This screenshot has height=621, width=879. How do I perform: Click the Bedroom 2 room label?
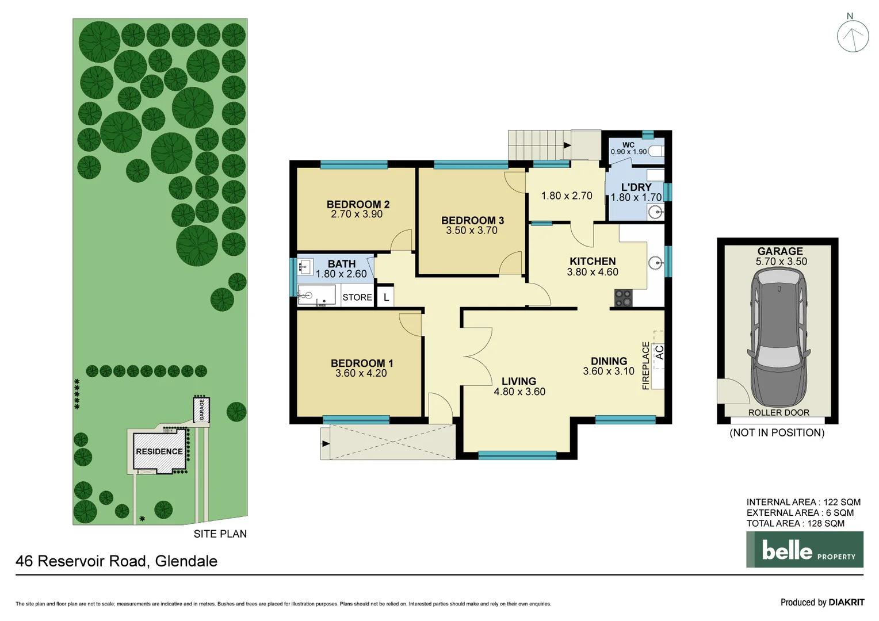pos(358,204)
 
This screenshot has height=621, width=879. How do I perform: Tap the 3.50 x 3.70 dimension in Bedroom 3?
pos(472,231)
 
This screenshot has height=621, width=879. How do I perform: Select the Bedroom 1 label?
pos(361,363)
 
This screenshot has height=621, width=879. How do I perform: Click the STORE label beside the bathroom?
pos(357,297)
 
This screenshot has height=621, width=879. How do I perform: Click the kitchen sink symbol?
pos(655,263)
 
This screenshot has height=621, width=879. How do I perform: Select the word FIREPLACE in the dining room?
pos(645,366)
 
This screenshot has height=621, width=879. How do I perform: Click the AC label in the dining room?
pos(659,351)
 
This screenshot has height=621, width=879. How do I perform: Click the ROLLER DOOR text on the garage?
pos(778,413)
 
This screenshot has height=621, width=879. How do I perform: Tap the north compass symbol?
pos(853,36)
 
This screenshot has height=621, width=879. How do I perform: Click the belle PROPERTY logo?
pos(804,550)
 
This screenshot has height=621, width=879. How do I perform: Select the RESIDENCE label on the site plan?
pos(159,452)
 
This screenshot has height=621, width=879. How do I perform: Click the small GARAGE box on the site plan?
pos(201,410)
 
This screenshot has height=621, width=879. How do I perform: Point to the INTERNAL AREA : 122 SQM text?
pos(803,502)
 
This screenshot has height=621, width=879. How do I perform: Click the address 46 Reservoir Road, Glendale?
pos(117,561)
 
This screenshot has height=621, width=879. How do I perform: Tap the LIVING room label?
pos(518,381)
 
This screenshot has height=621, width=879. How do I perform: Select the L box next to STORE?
pos(386,297)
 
